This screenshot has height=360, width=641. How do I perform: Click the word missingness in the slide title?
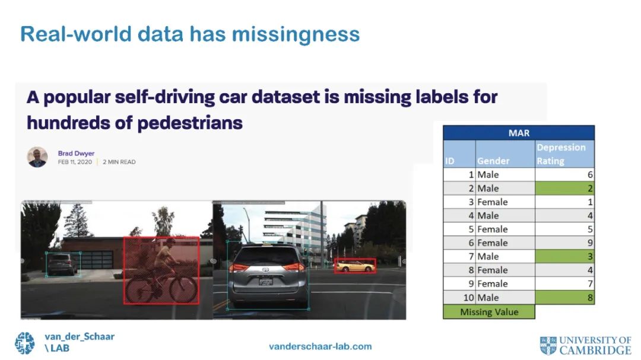pos(296,35)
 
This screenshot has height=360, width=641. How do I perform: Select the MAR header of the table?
pos(519,133)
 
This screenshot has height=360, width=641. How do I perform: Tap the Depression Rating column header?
pos(564,154)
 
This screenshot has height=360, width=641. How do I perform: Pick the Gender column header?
pos(505,154)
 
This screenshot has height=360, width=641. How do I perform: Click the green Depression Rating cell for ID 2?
pos(564,188)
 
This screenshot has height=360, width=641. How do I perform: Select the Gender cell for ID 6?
pos(505,243)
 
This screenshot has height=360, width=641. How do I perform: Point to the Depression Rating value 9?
pos(590,243)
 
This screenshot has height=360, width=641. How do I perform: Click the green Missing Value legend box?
pos(489,312)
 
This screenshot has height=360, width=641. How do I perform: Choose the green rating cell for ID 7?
pos(564,256)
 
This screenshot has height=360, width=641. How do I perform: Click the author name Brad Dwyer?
pos(76,153)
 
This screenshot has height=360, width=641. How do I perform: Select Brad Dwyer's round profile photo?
pos(37,157)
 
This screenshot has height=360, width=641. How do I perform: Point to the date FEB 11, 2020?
pos(75,163)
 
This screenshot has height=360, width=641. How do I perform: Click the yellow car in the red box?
pos(355,266)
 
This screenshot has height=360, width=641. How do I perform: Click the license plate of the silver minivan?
pos(266,281)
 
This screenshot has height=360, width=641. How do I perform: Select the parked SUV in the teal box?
pos(62,265)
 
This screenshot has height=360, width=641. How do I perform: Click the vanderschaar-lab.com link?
pos(320,346)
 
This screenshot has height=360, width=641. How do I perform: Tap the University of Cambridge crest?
pos(548,346)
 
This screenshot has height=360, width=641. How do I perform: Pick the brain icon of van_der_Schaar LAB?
pos(25,343)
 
